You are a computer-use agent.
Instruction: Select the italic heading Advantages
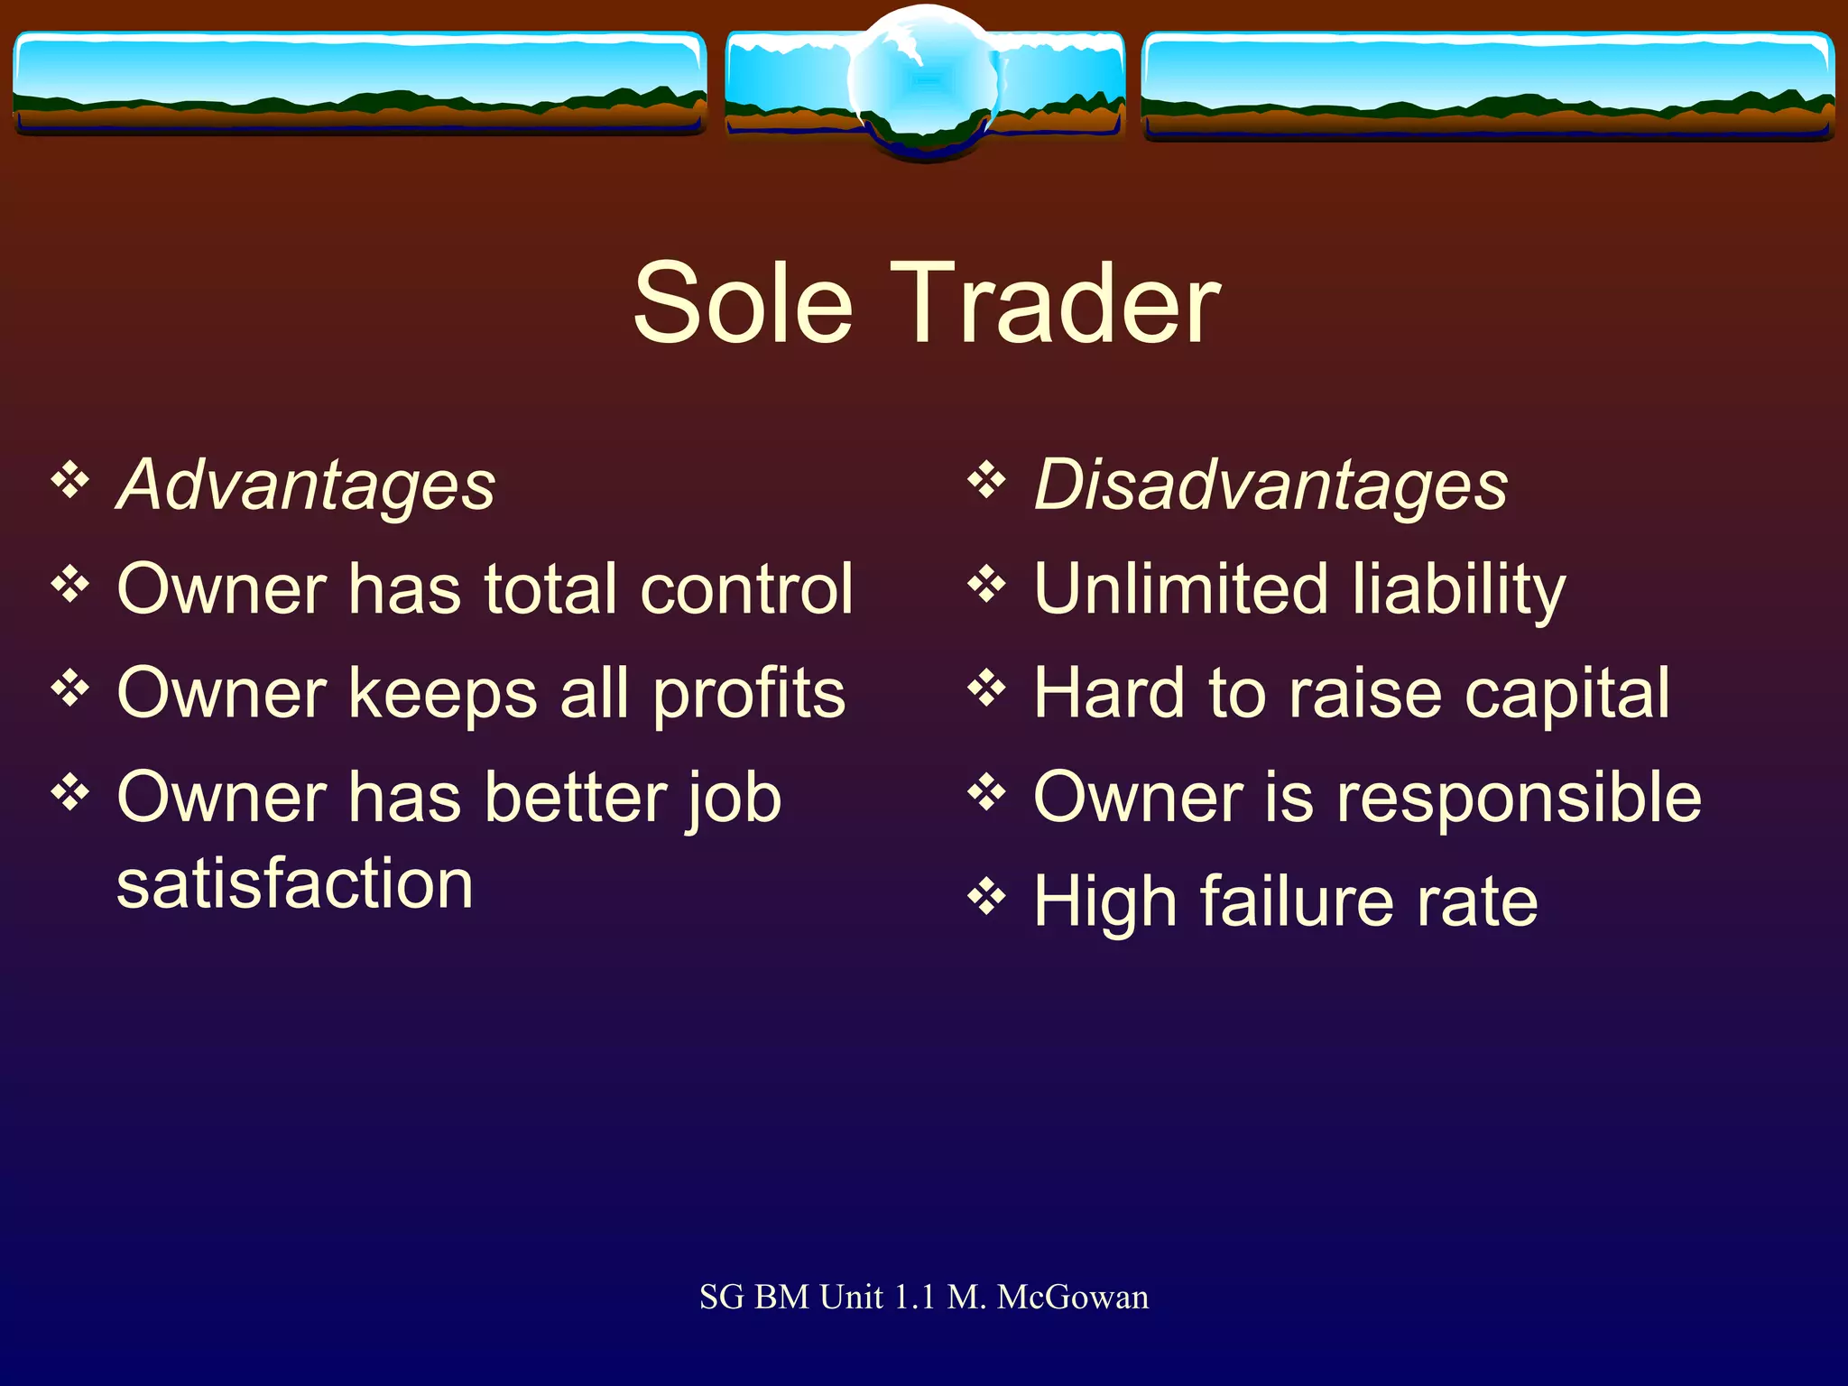coord(307,485)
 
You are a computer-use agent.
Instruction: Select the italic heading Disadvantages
coord(1270,485)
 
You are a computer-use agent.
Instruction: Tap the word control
coord(746,589)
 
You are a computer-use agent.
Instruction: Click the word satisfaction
coord(295,884)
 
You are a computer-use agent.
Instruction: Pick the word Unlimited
coord(1180,589)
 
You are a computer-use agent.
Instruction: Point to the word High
coord(1104,902)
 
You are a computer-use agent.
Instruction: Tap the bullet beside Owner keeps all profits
coord(70,689)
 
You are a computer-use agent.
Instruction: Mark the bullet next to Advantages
coord(70,480)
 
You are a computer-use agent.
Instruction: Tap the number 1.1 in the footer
coord(914,1298)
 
